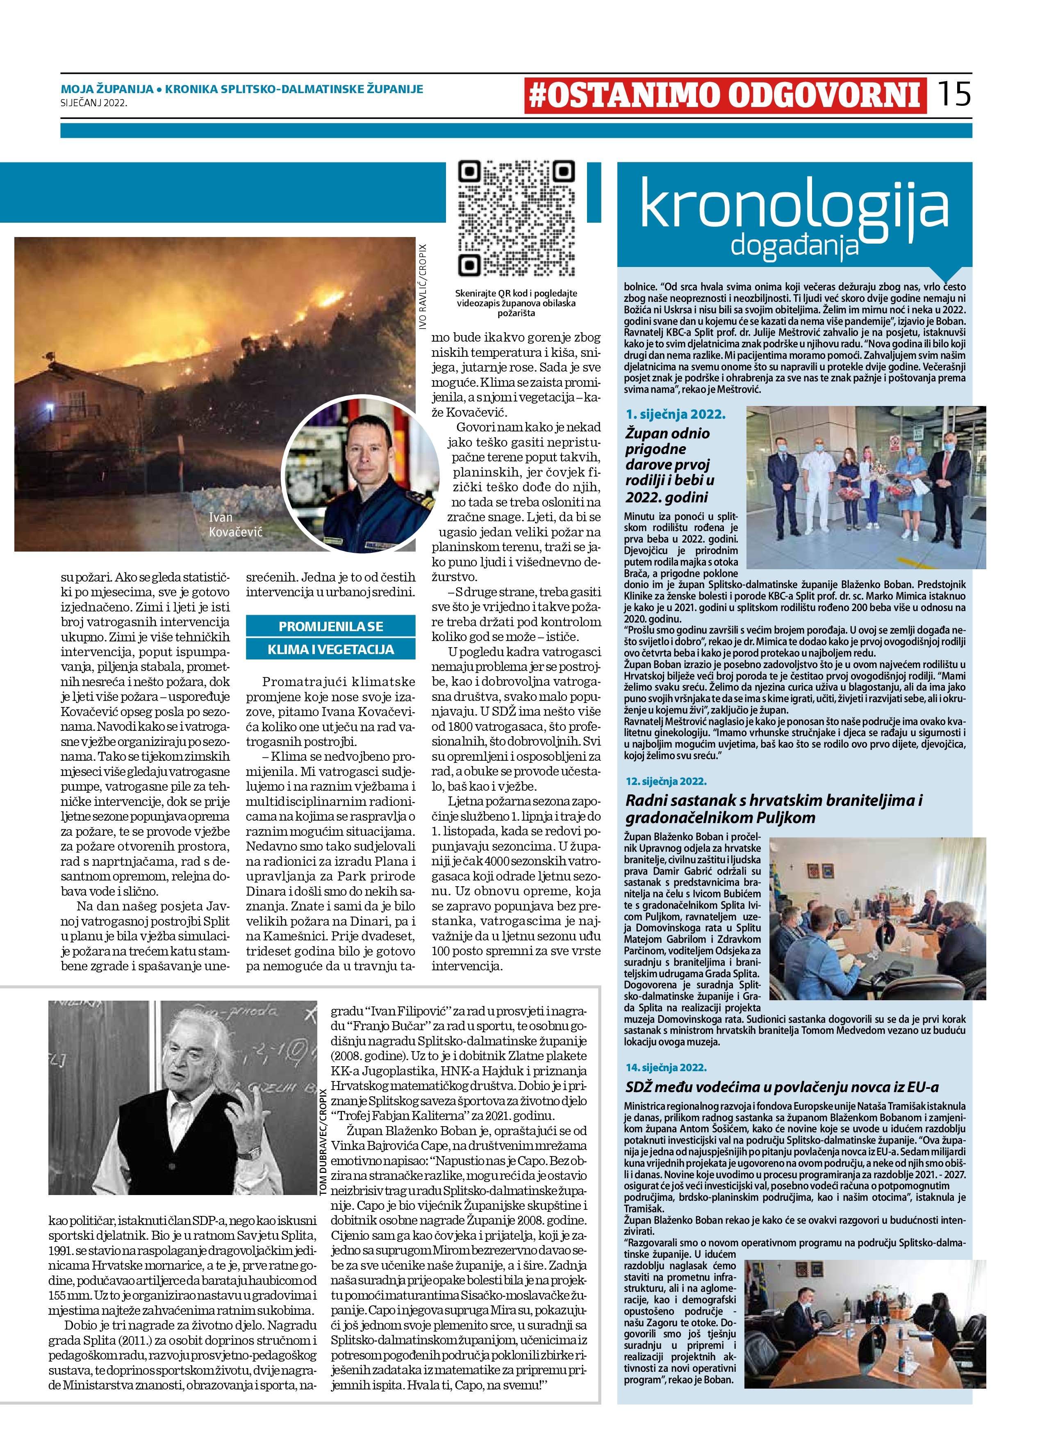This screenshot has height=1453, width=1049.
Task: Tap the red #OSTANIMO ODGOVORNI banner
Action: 725,96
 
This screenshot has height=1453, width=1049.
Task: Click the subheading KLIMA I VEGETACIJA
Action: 330,649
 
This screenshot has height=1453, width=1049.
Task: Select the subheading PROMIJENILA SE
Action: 330,626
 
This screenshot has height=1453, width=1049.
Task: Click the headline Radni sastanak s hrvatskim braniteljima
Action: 774,808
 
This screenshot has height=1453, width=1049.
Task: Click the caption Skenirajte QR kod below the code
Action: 516,302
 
